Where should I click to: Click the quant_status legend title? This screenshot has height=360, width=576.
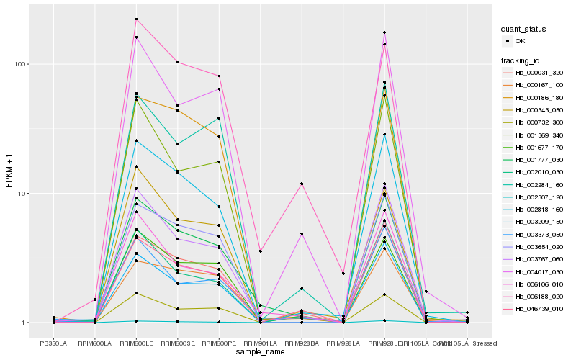tap(523, 30)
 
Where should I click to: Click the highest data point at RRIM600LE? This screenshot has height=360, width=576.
tap(136, 19)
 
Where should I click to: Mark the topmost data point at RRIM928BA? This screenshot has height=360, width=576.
tap(302, 184)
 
